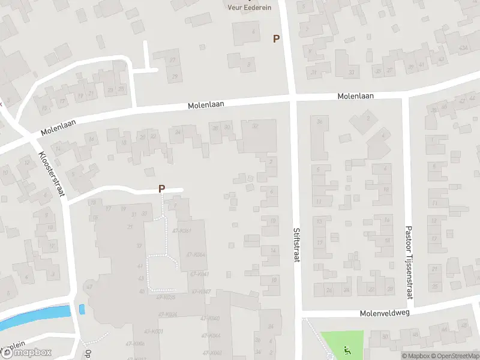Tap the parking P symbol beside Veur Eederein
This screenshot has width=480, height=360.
click(x=276, y=38)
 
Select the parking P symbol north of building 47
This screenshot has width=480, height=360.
click(x=161, y=188)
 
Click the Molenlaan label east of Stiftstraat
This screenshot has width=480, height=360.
click(x=355, y=96)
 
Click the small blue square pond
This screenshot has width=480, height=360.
click(x=82, y=310)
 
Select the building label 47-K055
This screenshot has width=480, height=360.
click(x=165, y=297)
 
